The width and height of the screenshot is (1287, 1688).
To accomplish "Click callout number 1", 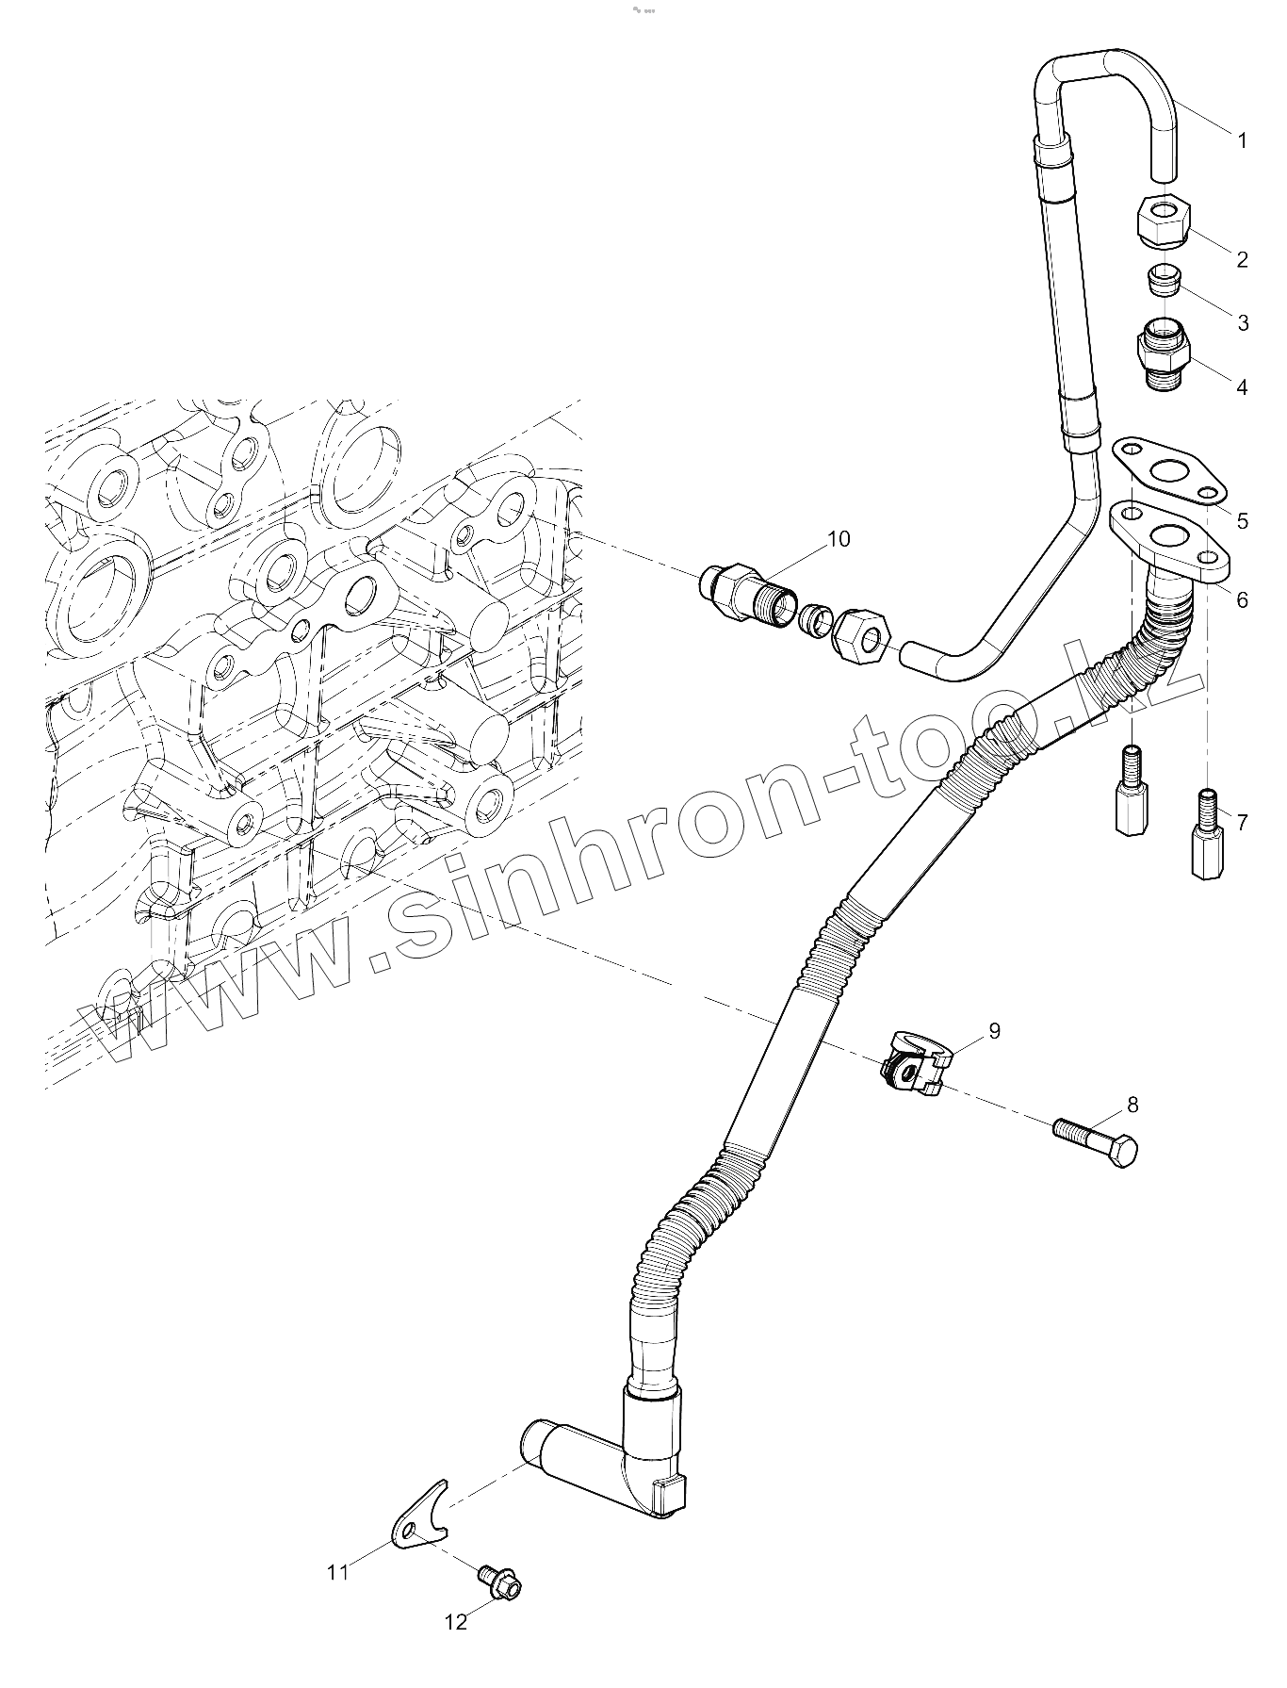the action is (x=1242, y=141).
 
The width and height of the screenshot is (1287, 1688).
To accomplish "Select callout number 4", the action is (x=1242, y=386).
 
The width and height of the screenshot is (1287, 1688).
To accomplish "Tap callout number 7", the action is (x=1242, y=823).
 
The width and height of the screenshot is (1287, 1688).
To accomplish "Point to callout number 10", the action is (x=838, y=538).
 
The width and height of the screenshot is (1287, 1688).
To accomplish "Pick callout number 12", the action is (x=455, y=1622).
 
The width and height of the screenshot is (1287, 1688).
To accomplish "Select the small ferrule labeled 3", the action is (x=1162, y=280).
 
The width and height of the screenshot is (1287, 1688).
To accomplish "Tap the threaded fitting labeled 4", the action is (x=1165, y=356).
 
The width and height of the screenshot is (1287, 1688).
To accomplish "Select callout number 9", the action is (x=994, y=1030).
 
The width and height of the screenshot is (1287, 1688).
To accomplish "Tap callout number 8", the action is (x=1132, y=1104).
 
